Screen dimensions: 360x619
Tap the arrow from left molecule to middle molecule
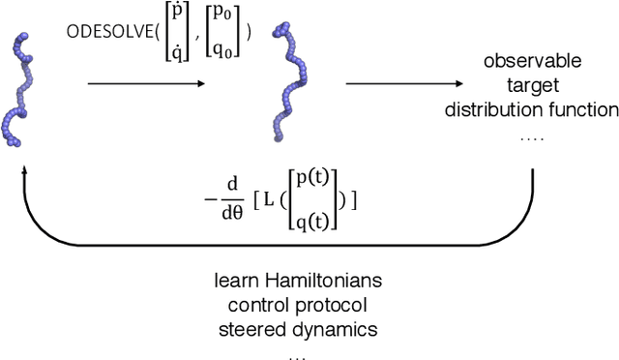coord(146,82)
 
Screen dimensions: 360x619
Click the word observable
coord(532,62)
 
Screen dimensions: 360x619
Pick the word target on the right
coord(532,85)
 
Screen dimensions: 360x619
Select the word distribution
coord(497,108)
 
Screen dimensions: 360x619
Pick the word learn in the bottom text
coord(236,282)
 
